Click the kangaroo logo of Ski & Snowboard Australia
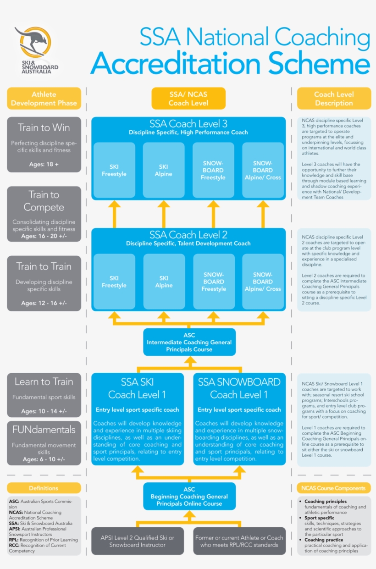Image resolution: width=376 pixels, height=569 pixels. [33, 44]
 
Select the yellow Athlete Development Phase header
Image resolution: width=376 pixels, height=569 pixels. [44, 99]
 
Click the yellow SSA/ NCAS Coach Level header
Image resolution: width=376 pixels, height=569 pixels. [188, 99]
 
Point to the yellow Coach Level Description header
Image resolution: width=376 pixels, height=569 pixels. [334, 99]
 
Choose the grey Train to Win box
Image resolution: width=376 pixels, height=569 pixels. [44, 144]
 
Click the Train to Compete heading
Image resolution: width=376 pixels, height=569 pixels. [44, 201]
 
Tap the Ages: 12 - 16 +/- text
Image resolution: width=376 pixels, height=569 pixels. [44, 303]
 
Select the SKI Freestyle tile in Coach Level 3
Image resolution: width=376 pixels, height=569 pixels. [114, 170]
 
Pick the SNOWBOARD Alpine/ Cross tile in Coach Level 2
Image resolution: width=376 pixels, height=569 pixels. [263, 282]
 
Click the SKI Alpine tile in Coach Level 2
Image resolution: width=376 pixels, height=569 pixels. [164, 282]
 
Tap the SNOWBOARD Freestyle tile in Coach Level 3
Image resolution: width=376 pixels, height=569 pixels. [213, 170]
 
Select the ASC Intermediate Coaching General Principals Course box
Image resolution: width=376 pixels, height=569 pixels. [189, 342]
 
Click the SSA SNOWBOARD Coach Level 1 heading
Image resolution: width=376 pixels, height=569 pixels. [239, 388]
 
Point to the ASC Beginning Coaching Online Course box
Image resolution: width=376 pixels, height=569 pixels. [189, 496]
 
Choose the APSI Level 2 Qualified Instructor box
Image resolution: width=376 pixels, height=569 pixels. [138, 541]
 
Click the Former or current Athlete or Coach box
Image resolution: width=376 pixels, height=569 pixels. [239, 541]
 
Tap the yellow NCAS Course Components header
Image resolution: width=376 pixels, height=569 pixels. [334, 488]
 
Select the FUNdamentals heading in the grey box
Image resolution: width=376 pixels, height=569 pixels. [44, 430]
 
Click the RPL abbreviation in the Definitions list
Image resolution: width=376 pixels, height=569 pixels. [14, 540]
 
